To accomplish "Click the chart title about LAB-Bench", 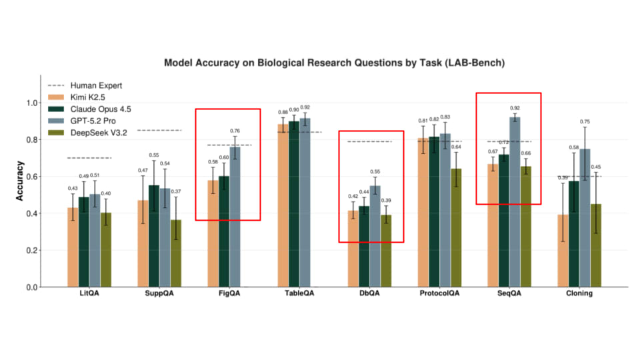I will [x=334, y=63].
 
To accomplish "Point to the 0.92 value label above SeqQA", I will [x=515, y=108].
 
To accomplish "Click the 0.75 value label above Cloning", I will [x=585, y=122].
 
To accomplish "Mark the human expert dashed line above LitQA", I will [x=89, y=158].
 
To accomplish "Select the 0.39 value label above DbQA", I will [x=387, y=201].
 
